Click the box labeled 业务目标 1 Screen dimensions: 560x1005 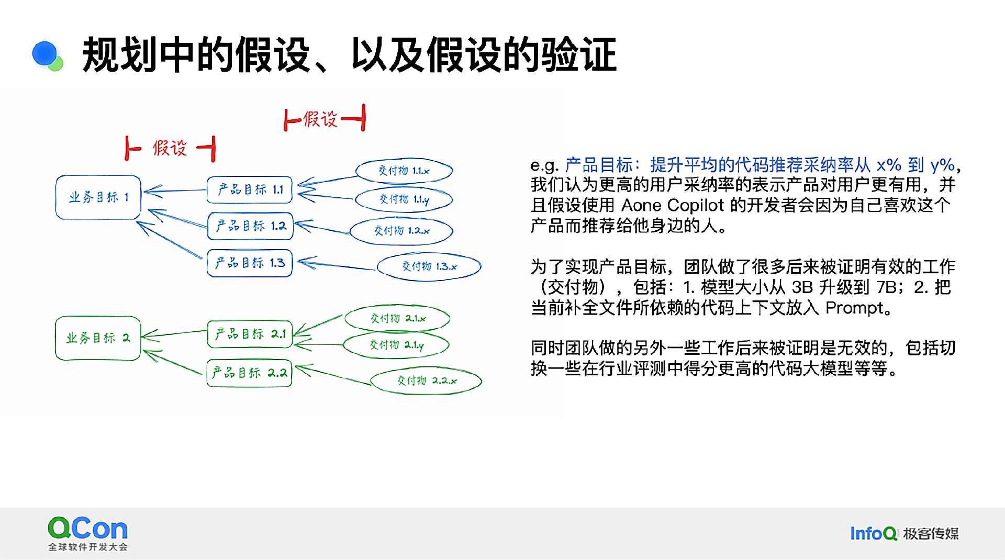coord(98,197)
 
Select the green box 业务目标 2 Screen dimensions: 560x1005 coord(98,338)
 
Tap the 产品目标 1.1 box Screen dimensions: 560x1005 coord(250,189)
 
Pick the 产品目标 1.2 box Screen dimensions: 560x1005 coord(250,226)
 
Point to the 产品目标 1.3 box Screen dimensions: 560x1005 coord(250,263)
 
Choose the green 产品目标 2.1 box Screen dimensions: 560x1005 coord(250,334)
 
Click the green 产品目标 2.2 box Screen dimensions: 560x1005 coord(249,373)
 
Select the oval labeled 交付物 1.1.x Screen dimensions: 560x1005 coord(404,171)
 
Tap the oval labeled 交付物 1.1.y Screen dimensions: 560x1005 coord(404,199)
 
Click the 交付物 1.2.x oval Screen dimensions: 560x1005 coord(401,231)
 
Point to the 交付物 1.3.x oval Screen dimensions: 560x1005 coord(429,266)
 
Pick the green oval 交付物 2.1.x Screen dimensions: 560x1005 coord(397,318)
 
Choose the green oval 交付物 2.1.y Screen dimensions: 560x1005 coord(396,345)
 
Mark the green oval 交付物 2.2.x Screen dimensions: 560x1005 coord(426,380)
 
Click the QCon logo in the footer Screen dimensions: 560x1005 coord(87,532)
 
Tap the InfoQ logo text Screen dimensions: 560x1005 coord(873,533)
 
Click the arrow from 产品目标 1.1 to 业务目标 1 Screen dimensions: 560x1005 coord(175,191)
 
